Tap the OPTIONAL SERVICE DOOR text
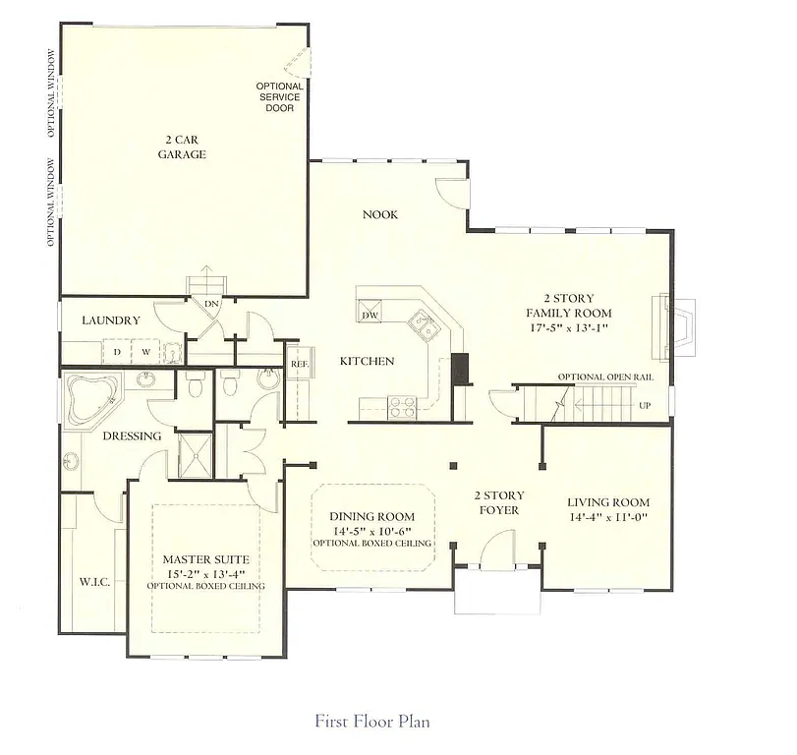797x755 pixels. [280, 97]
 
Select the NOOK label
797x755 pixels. [379, 215]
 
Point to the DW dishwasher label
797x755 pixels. [370, 315]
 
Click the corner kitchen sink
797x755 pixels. [422, 320]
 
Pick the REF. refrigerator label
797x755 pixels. [299, 363]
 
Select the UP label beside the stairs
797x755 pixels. [645, 405]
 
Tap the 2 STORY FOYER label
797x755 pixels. [498, 502]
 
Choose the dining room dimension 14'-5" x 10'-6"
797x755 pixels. [371, 530]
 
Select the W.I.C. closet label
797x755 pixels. [94, 582]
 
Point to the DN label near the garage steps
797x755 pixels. [211, 304]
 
